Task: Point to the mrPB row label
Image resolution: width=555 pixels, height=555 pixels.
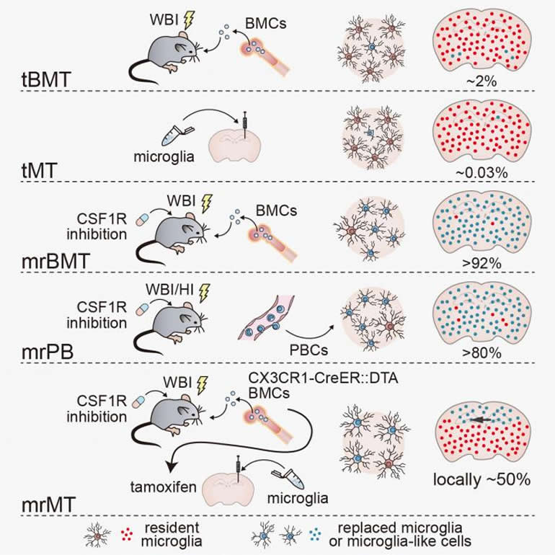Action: coord(42,352)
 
